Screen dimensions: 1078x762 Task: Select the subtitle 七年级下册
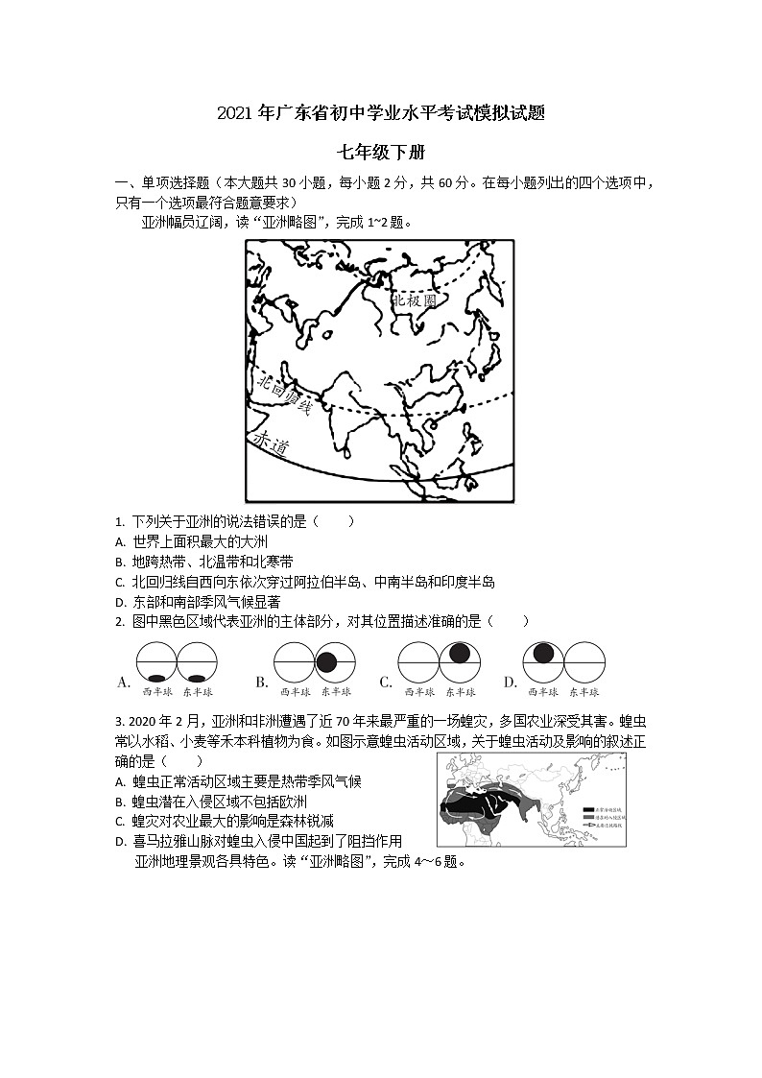pos(380,153)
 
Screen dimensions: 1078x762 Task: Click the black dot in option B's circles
pos(326,661)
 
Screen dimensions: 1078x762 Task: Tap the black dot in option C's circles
pos(459,653)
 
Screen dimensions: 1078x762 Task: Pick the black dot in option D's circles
pos(544,653)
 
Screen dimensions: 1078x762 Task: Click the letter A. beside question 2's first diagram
pos(123,683)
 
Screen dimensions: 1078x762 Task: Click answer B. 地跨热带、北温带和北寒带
pos(203,562)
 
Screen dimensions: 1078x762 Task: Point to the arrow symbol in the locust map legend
pos(588,826)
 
